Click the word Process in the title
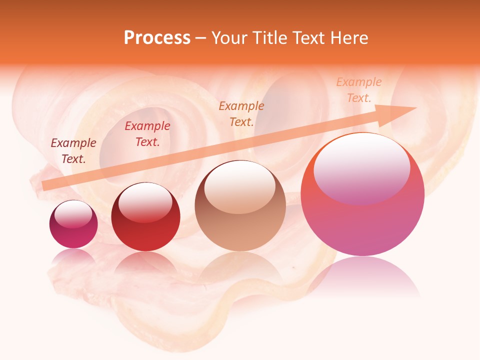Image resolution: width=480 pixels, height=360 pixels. pyautogui.click(x=157, y=38)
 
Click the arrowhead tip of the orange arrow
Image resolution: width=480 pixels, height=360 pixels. pyautogui.click(x=415, y=108)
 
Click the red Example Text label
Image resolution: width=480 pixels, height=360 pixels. pyautogui.click(x=147, y=134)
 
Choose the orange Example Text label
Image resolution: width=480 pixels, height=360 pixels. pyautogui.click(x=241, y=113)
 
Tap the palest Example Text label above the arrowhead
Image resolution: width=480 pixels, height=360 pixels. pyautogui.click(x=358, y=90)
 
